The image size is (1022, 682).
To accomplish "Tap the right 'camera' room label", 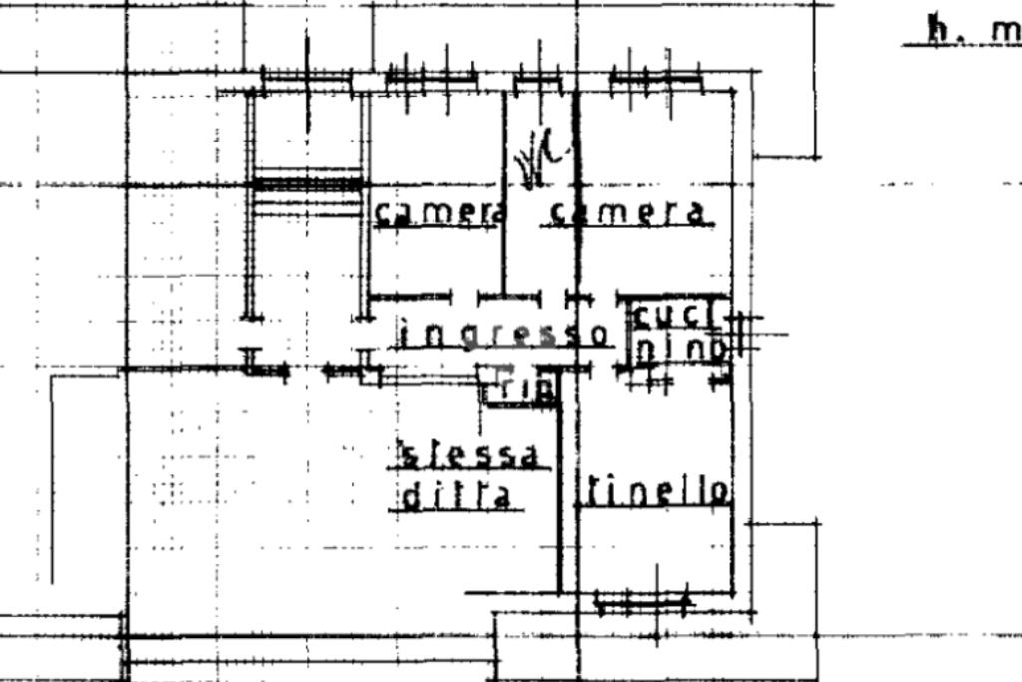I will click(628, 212).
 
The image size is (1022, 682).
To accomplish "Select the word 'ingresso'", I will click(503, 334).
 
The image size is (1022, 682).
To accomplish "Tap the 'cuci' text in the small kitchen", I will click(676, 316).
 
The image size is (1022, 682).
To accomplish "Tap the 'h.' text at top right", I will click(938, 30).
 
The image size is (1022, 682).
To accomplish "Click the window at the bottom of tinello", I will click(644, 602).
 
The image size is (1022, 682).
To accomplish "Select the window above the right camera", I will click(655, 79).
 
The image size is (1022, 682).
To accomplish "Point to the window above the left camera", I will click(430, 77).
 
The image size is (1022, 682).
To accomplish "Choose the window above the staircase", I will click(306, 77).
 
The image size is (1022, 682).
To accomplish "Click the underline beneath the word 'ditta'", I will click(456, 510).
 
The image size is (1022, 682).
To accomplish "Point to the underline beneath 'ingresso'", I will click(505, 348).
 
